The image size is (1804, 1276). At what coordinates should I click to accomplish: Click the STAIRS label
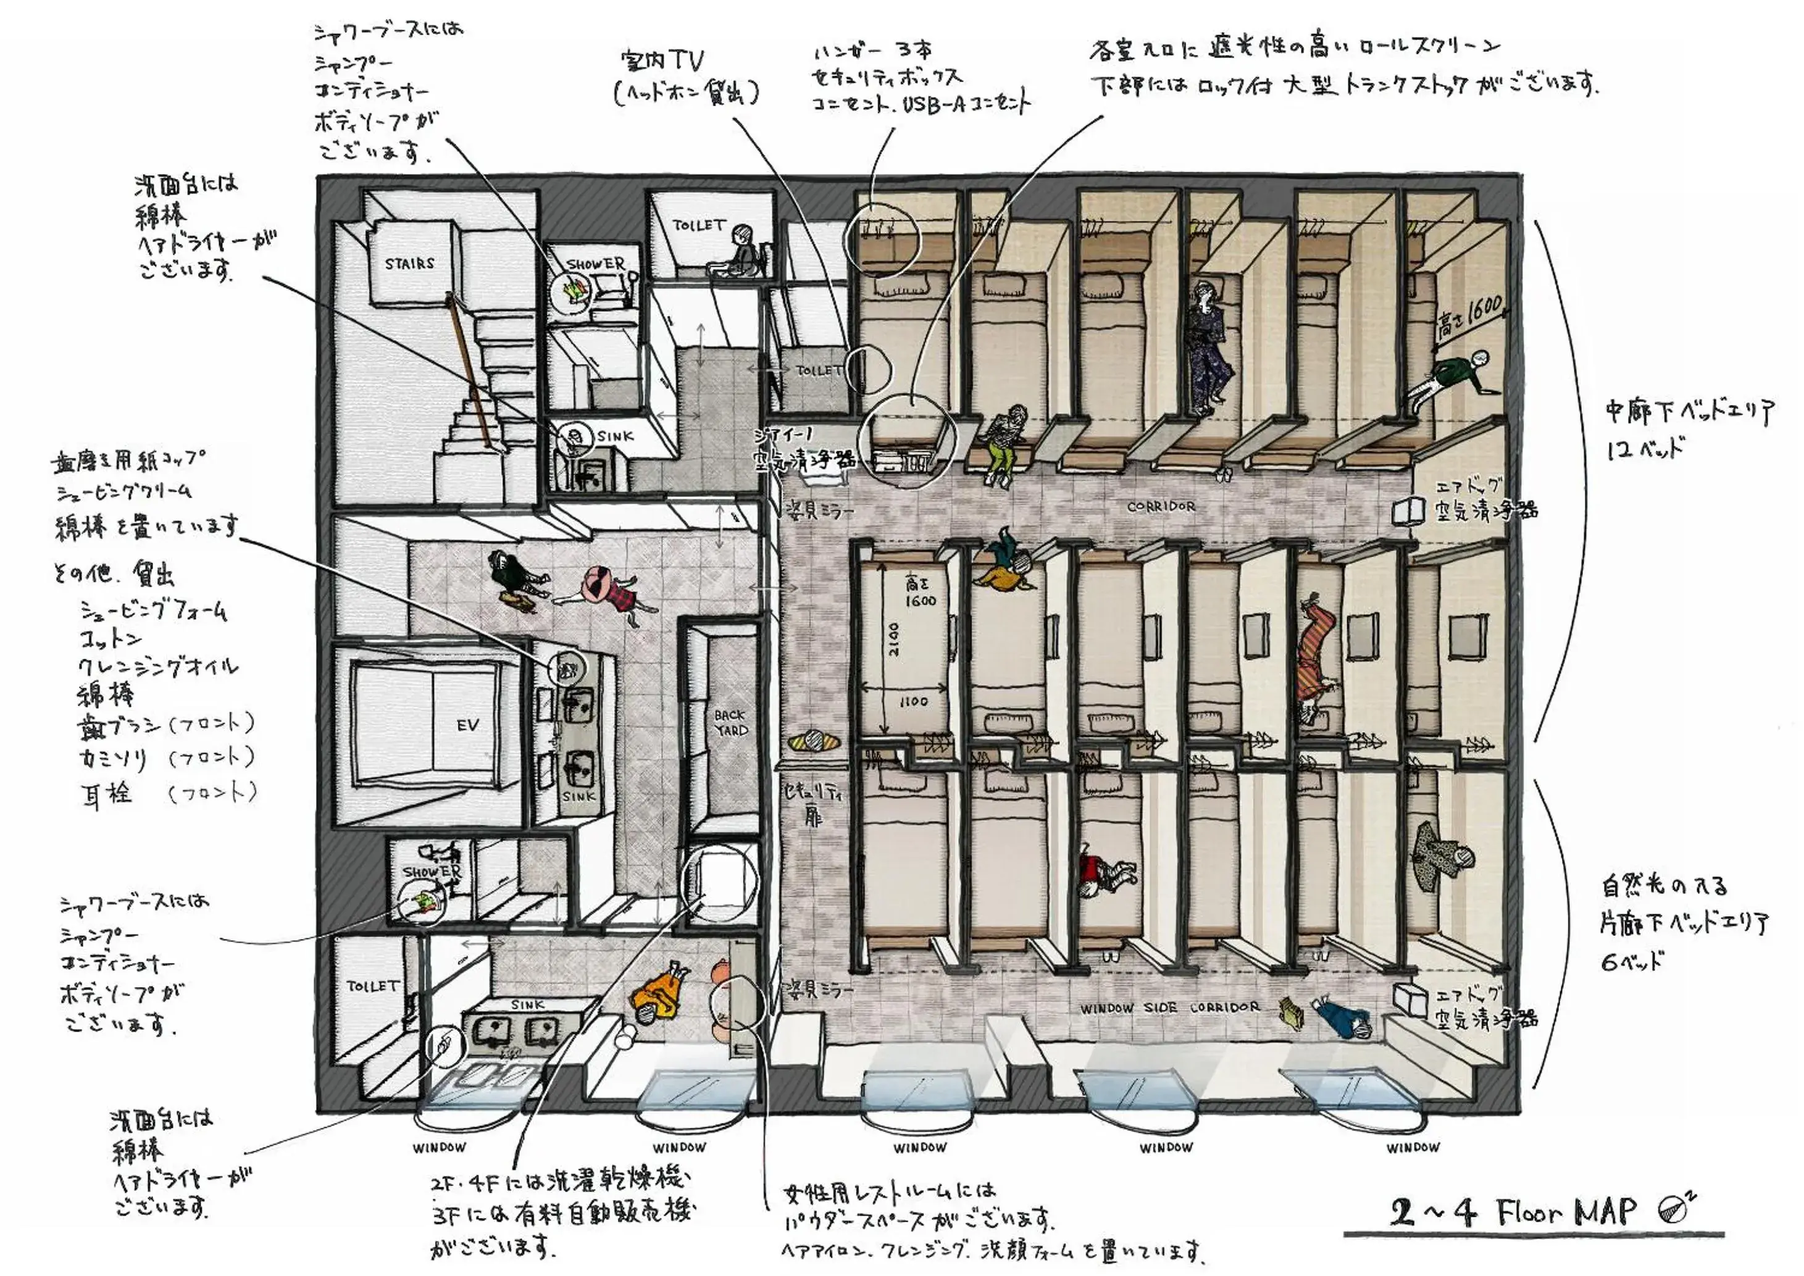(x=409, y=263)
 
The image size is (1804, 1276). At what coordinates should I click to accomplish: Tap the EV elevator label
(x=467, y=725)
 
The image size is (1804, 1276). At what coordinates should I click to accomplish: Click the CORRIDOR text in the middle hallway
(x=1161, y=507)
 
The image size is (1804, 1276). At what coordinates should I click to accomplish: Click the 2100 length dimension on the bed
(x=895, y=640)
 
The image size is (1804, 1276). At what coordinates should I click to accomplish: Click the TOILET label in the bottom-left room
(x=372, y=985)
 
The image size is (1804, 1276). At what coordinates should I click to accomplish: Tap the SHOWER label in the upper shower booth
(x=596, y=264)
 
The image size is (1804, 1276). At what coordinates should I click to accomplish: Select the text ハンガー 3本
(x=872, y=52)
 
